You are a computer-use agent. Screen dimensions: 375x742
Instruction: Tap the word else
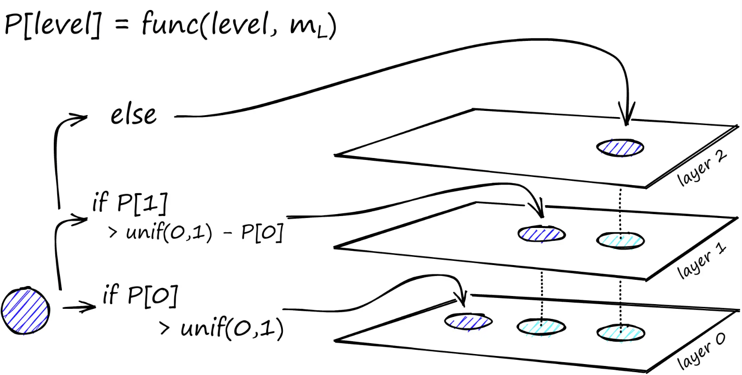(x=133, y=115)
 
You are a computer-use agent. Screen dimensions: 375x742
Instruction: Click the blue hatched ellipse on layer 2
(x=620, y=147)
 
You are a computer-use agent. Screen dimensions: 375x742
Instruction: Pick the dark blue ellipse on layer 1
(x=541, y=234)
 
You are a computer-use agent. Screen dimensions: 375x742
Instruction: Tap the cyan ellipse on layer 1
(x=620, y=239)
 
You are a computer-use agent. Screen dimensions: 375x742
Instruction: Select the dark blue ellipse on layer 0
(x=468, y=321)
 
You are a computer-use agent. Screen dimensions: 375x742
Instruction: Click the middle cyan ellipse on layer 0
(x=541, y=327)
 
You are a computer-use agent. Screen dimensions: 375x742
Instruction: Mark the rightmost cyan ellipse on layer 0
(x=620, y=332)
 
